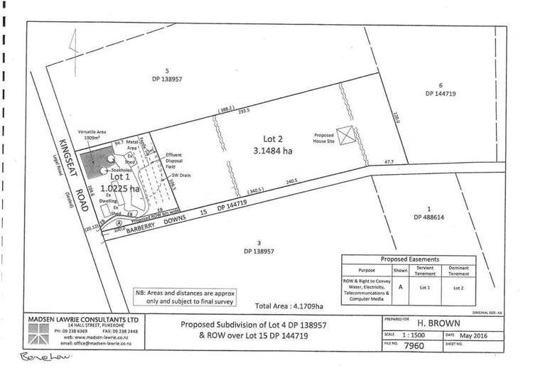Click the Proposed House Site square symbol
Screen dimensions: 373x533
tap(345, 135)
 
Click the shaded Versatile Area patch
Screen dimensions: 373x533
tap(94, 169)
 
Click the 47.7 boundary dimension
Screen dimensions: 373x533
tap(389, 162)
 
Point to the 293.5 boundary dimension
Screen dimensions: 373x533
tap(244, 111)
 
